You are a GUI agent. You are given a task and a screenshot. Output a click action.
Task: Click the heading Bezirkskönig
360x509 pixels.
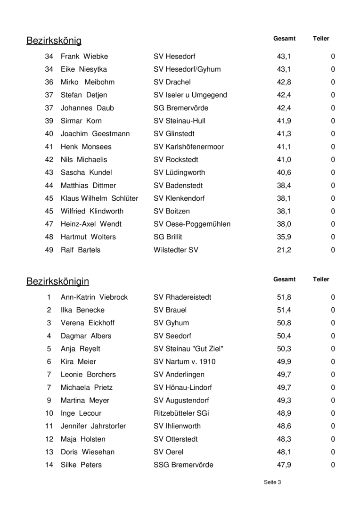pos(54,41)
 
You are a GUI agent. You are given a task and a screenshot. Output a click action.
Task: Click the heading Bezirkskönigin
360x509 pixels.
pos(57,282)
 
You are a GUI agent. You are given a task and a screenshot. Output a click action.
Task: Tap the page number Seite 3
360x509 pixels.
pos(272,482)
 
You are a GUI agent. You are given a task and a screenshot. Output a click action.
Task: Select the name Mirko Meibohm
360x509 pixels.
pos(88,82)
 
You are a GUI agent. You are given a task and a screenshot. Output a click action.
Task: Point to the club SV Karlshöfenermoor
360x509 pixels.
pos(188,147)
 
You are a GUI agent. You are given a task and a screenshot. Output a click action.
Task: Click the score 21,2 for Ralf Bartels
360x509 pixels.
pos(284,250)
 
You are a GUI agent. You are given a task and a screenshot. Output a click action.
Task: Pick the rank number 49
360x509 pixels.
pos(49,250)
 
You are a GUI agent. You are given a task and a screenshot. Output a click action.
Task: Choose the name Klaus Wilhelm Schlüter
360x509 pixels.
pos(99,198)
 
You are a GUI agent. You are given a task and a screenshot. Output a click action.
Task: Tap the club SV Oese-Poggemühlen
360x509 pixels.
pos(192,224)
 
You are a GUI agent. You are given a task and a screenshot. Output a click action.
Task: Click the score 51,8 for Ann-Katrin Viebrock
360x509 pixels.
pos(284,297)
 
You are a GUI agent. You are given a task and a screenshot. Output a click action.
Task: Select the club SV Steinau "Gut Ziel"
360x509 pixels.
pos(188,349)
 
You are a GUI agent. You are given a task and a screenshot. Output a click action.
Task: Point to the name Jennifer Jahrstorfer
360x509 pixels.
pos(93,426)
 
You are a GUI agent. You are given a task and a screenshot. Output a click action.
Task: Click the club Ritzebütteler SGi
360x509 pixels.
pos(181,413)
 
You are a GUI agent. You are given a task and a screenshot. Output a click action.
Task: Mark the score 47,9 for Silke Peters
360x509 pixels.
pos(284,465)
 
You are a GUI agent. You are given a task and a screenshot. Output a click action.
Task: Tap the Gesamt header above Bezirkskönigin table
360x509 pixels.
pos(284,279)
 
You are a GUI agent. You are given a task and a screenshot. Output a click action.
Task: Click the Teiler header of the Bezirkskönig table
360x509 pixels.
pos(321,39)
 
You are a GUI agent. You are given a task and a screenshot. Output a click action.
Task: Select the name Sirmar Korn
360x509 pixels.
pos(81,121)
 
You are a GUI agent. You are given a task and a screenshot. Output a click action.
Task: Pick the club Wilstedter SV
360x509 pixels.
pos(176,250)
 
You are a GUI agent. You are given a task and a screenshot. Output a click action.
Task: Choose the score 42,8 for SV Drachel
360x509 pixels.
pos(284,82)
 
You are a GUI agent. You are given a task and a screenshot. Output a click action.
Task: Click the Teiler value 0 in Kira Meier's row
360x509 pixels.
pos(333,362)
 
